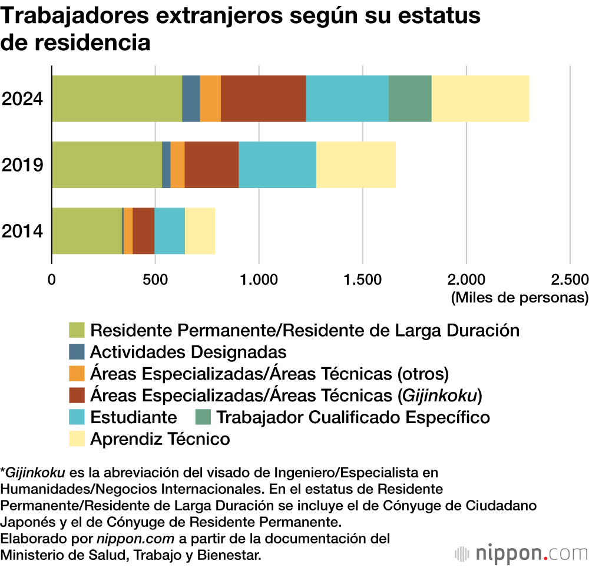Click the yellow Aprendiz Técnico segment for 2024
[x=480, y=98]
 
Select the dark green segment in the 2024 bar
[x=410, y=98]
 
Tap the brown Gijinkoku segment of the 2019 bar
[x=211, y=164]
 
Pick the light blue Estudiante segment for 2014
[x=170, y=230]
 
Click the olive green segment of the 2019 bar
[x=107, y=164]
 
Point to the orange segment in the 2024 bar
[x=210, y=98]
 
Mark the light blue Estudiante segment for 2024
[x=348, y=98]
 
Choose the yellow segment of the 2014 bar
[x=200, y=230]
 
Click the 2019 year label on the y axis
[x=22, y=164]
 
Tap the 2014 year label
[x=22, y=230]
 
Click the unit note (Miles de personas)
[x=519, y=298]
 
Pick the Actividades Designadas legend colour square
[x=77, y=352]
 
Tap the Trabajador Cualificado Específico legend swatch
[x=203, y=417]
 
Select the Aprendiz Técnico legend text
[x=160, y=439]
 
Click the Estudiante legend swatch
[x=77, y=417]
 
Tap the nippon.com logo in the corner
[x=521, y=553]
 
